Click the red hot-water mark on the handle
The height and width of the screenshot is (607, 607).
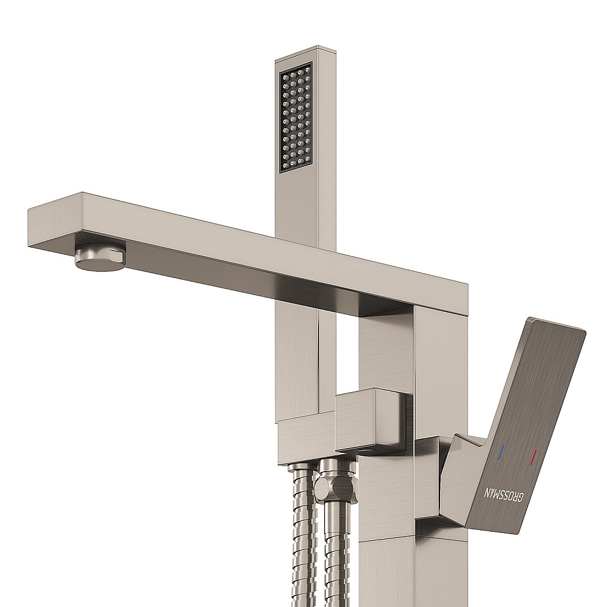535,456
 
